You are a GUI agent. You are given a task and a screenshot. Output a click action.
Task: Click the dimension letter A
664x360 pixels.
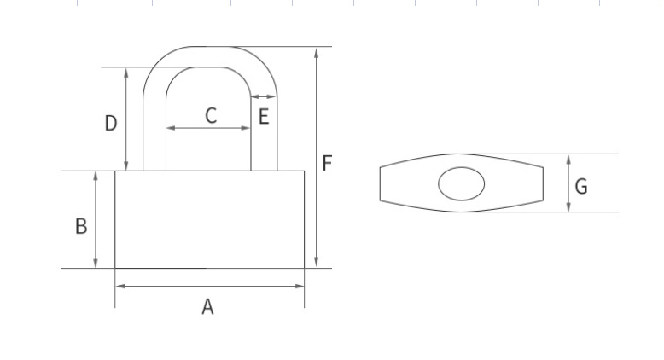(207, 307)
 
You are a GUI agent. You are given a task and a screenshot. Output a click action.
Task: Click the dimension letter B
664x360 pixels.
(81, 226)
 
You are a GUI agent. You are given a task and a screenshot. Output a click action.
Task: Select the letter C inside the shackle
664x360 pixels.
(211, 116)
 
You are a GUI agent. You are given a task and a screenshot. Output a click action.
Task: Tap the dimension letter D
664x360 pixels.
(110, 124)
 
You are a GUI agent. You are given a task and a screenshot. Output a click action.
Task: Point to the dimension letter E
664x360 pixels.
(264, 117)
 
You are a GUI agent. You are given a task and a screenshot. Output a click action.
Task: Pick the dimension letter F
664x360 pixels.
(327, 163)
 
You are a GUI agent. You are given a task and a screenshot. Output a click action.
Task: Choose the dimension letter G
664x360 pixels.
(581, 186)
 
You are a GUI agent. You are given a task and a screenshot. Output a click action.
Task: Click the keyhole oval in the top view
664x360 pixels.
(461, 183)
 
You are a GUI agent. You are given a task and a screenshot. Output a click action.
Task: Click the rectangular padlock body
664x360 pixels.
(209, 219)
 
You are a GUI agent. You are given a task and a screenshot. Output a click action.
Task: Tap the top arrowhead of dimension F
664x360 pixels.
(317, 52)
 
